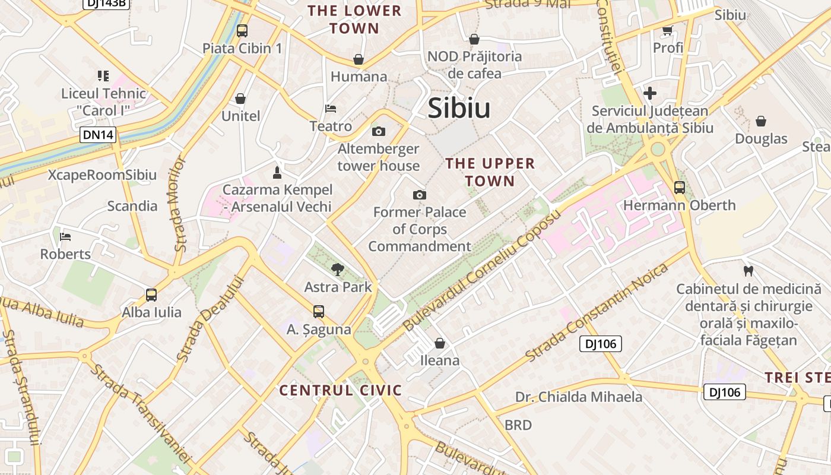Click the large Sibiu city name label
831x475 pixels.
click(459, 108)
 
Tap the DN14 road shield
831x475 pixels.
click(98, 135)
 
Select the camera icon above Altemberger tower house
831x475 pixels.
click(378, 131)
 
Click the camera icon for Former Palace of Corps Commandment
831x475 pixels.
click(420, 195)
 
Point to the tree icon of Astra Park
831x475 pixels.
click(338, 270)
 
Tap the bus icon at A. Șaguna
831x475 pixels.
click(319, 312)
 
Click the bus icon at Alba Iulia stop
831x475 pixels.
click(151, 295)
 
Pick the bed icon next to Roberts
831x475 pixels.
click(65, 237)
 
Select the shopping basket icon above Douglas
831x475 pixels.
click(761, 122)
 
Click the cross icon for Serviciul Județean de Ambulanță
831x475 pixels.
click(650, 93)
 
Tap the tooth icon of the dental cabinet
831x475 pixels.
click(748, 271)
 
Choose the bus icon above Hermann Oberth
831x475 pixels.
click(680, 188)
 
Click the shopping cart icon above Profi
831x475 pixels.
click(668, 30)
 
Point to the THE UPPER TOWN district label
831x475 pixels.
click(490, 172)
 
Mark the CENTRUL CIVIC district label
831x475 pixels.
click(341, 390)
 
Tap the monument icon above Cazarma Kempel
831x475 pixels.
click(277, 173)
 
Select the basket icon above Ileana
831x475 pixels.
click(440, 343)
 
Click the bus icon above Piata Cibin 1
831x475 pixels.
click(242, 31)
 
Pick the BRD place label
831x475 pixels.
click(518, 425)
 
